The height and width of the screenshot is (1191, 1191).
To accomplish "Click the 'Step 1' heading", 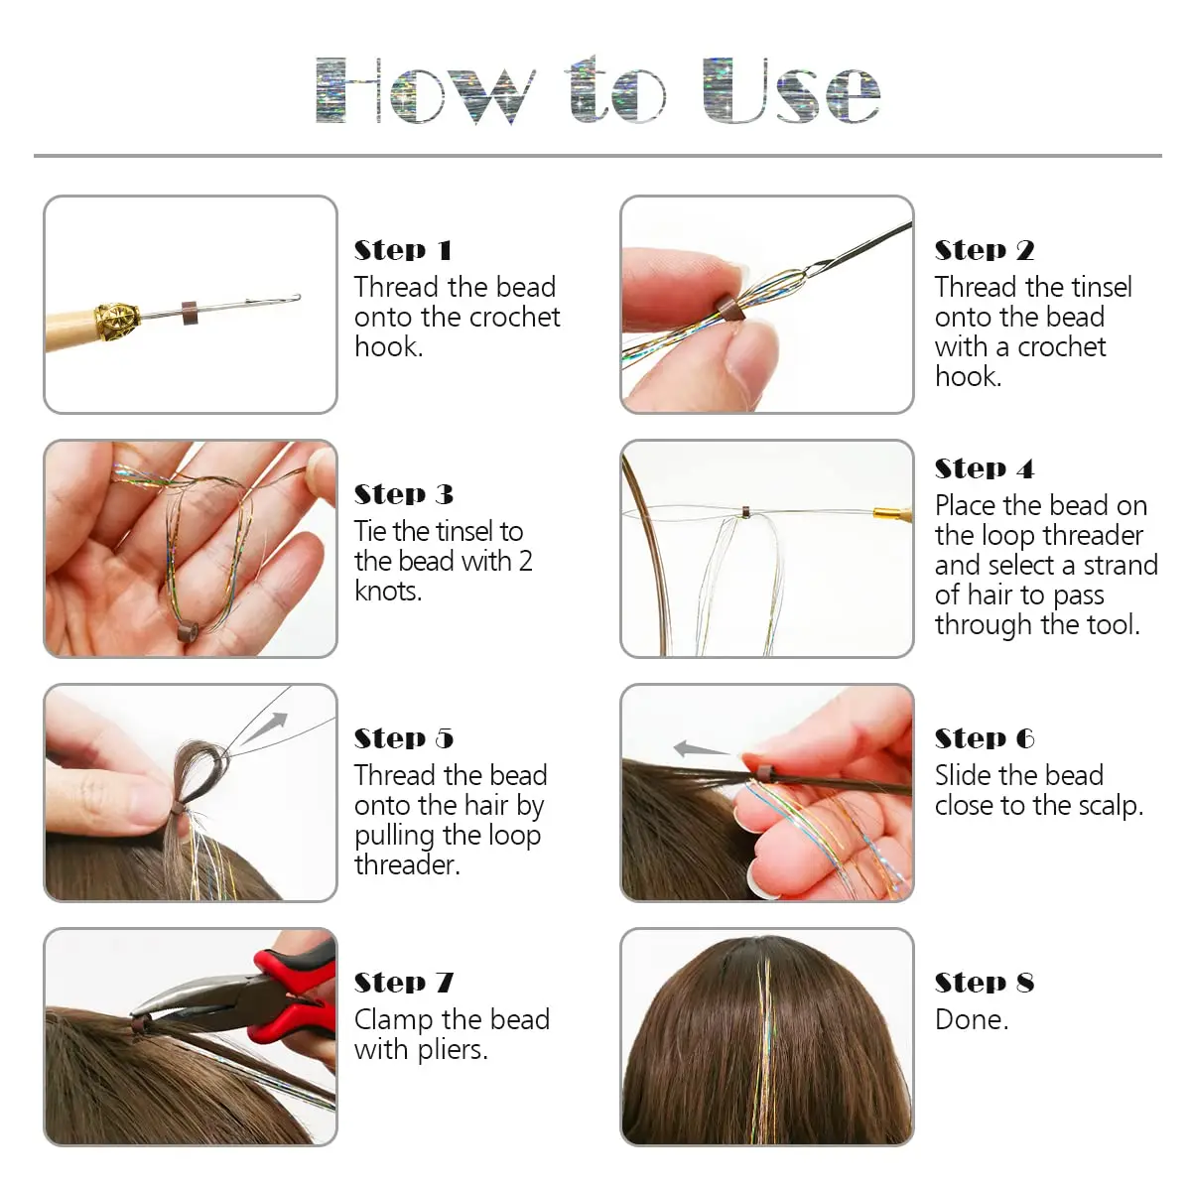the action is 403,250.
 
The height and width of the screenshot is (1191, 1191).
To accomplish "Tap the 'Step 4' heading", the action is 984,469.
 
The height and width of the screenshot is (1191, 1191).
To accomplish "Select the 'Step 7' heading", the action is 404,983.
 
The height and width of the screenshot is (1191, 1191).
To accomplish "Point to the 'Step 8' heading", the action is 985,983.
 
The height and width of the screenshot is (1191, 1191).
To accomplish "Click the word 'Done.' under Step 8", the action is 972,1020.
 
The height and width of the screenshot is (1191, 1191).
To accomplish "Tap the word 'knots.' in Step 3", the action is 388,591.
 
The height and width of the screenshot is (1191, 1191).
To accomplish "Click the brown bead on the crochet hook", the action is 190,314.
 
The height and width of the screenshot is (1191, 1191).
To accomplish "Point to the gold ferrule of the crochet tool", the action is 116,319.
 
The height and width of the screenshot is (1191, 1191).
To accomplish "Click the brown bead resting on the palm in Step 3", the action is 188,633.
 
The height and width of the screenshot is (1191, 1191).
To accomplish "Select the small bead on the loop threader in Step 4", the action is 746,512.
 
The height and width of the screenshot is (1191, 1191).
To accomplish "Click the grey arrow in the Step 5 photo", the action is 263,729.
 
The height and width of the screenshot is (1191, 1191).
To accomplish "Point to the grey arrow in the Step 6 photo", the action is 702,749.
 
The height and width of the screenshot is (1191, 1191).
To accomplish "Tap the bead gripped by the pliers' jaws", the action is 142,1023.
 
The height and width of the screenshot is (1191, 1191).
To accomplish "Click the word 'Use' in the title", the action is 792,91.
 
